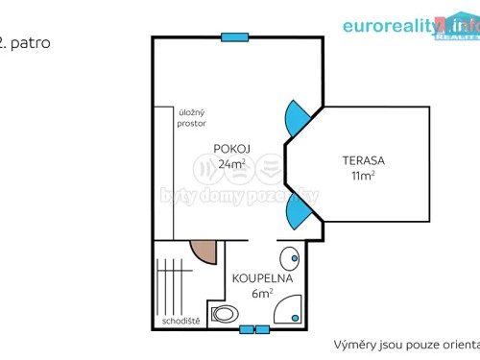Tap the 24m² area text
coord(230,163)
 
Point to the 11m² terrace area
coord(361,176)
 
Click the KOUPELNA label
coord(254,278)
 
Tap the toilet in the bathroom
coord(225,313)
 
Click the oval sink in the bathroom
coord(288,258)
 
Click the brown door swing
coord(204,252)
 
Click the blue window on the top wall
coord(234,37)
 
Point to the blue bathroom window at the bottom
coord(253,329)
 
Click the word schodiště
coord(180,322)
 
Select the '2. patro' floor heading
coord(25,43)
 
